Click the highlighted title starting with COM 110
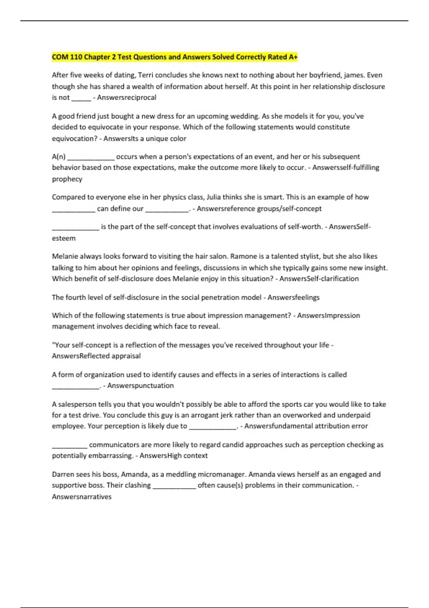(174, 57)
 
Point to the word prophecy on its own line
(67, 179)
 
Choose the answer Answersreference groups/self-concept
(259, 209)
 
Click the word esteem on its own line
(64, 238)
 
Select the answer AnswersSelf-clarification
(319, 279)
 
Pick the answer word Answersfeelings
(294, 297)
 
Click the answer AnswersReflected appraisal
(96, 356)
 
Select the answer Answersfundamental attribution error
(306, 426)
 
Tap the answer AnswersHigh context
(173, 456)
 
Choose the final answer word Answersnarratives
(82, 496)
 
